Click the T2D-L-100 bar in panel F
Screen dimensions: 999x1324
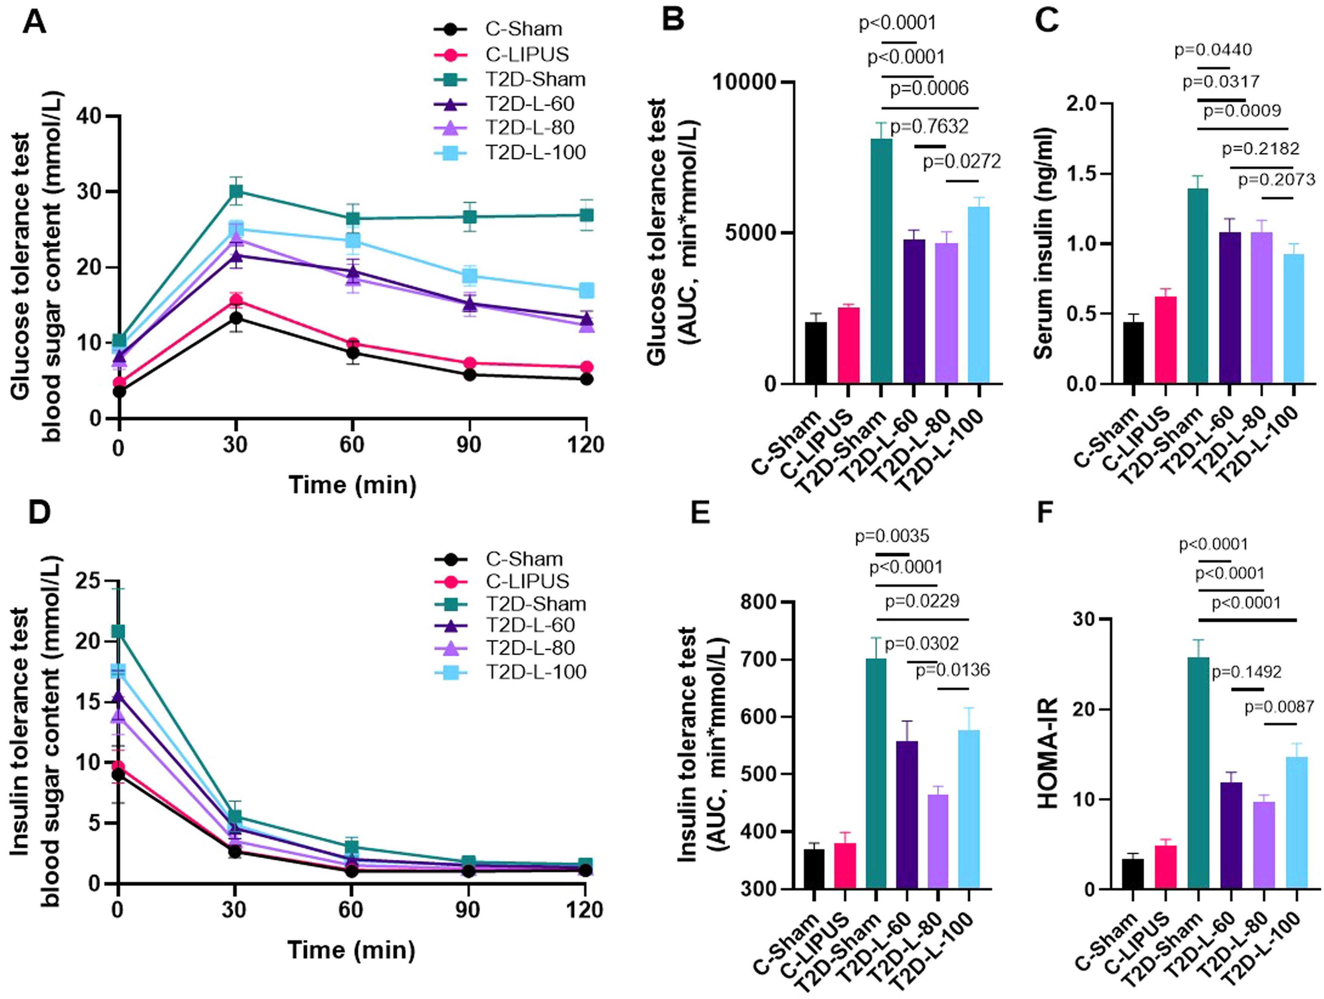pos(1296,823)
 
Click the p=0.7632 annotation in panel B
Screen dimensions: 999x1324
pos(929,127)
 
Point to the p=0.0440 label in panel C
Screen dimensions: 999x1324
pos(1213,50)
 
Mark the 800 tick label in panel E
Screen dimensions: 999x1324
pos(760,602)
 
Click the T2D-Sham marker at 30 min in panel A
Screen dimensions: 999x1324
pos(236,191)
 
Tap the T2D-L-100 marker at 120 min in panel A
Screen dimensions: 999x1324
pos(587,290)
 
